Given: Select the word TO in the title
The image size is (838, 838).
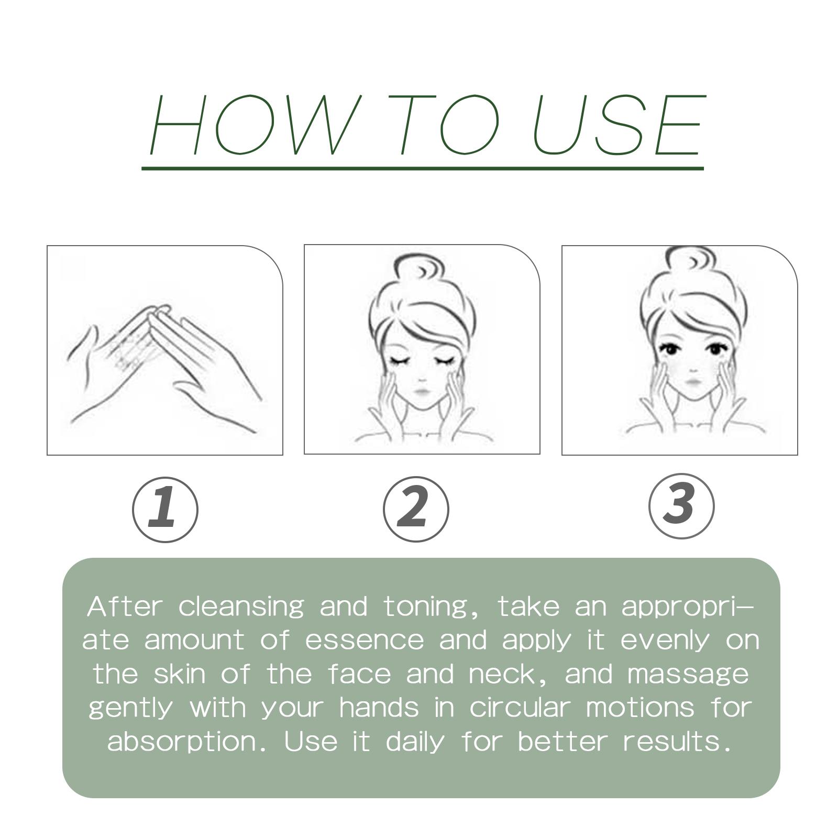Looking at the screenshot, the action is [446, 125].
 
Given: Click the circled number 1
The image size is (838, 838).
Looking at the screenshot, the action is [165, 510].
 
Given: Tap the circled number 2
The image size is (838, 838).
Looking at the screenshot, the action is [416, 509].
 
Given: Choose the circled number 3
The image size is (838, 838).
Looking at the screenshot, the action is [681, 506].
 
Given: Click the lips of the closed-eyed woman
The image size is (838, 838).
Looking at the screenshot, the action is [422, 391].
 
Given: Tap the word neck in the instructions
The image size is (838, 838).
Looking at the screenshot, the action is [511, 674].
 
